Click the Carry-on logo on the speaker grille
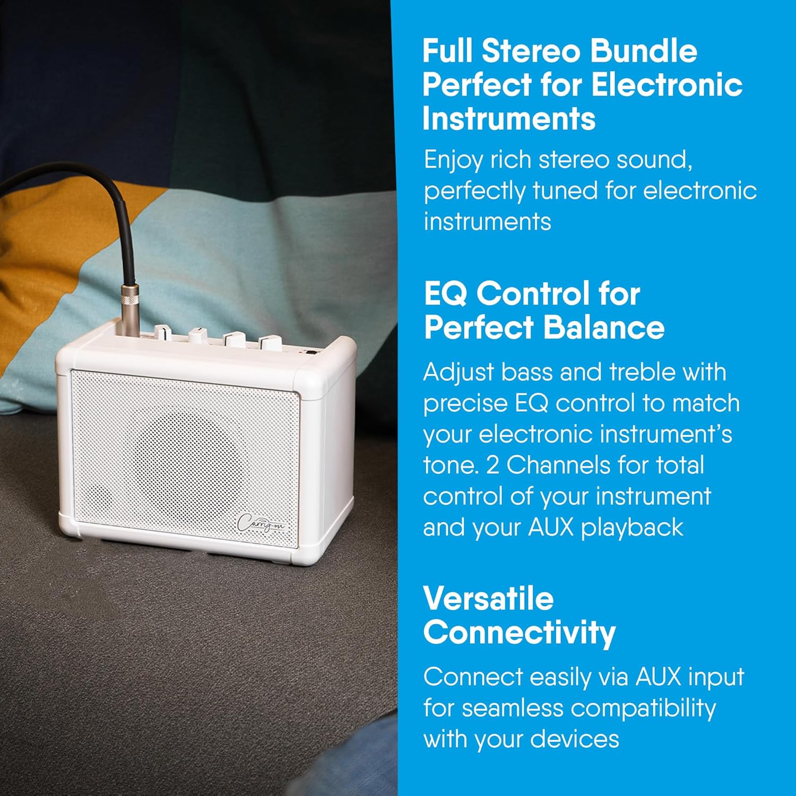(x=261, y=522)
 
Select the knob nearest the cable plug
(x=163, y=334)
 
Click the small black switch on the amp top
(x=311, y=352)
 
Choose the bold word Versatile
(x=488, y=599)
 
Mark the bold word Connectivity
(x=519, y=632)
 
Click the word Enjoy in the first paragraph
(x=453, y=160)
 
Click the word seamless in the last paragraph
(x=512, y=708)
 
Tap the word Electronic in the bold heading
(x=667, y=85)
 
